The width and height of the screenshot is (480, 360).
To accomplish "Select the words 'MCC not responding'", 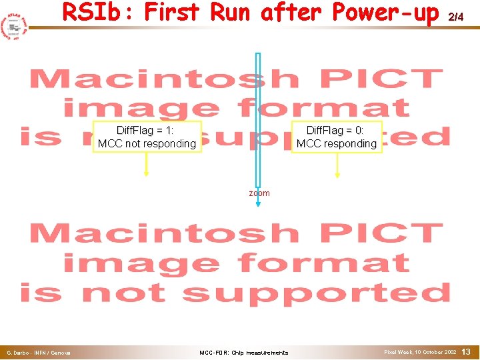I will [147, 143].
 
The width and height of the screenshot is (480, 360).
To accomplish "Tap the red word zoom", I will [259, 193].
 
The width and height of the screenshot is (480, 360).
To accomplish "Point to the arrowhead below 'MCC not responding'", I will [146, 175].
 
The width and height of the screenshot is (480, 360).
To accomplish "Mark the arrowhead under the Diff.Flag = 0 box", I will [337, 175].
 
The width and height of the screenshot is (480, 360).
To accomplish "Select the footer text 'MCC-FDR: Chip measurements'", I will [244, 352].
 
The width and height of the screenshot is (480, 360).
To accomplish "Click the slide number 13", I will [466, 351].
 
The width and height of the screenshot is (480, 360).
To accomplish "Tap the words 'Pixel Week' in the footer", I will [398, 351].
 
